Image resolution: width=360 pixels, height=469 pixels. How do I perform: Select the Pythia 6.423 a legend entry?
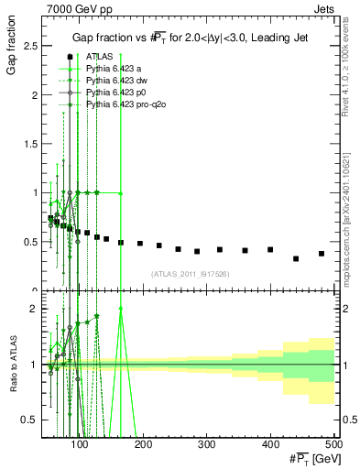pos(115,69)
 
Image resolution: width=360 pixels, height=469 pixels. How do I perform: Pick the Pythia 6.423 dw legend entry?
pos(117,82)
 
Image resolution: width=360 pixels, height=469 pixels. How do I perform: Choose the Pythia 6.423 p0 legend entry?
pos(116,93)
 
